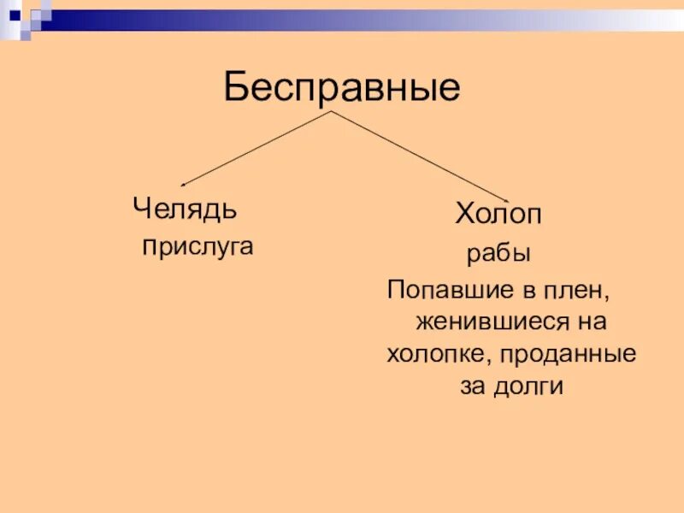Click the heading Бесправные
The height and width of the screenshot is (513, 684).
pos(342,88)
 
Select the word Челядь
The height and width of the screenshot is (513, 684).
pos(185,208)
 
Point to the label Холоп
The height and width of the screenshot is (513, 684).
pos(498,215)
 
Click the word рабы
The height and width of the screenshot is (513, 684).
pos(498,254)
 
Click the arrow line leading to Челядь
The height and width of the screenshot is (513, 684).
pos(256,148)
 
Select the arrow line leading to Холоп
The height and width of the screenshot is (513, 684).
pos(419,155)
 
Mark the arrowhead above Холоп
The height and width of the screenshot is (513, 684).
pos(504,198)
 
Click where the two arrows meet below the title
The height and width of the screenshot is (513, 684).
pos(332,111)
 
